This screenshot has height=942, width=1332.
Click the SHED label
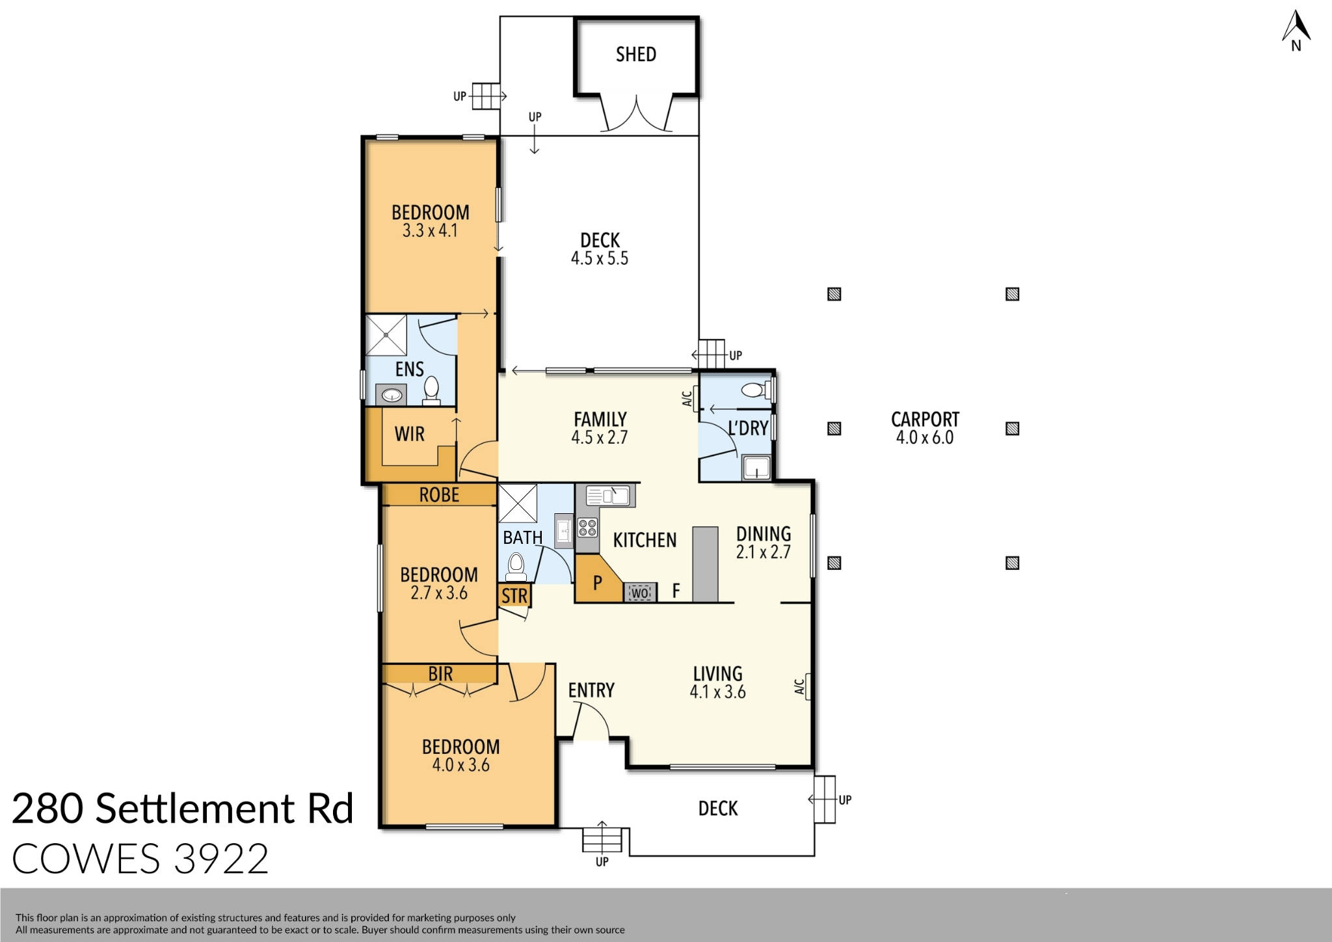(635, 55)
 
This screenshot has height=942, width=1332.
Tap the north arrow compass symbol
(1296, 29)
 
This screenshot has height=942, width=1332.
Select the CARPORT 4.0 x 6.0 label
(924, 428)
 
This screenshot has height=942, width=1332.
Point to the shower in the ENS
(386, 334)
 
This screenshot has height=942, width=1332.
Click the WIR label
(409, 434)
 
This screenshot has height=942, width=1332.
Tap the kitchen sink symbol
(609, 496)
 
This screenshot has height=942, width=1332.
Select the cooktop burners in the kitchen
(587, 527)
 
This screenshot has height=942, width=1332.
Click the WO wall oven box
(640, 593)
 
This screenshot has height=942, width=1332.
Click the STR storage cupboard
(514, 595)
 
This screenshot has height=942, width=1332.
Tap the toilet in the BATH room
(516, 566)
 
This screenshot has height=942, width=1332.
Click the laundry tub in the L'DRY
(756, 468)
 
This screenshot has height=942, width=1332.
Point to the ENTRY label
(591, 690)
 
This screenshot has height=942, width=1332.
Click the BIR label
(440, 673)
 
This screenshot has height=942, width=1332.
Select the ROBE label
(439, 495)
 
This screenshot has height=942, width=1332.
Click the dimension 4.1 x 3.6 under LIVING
(717, 692)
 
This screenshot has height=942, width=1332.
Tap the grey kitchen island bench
(705, 563)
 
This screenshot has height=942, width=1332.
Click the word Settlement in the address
(195, 809)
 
